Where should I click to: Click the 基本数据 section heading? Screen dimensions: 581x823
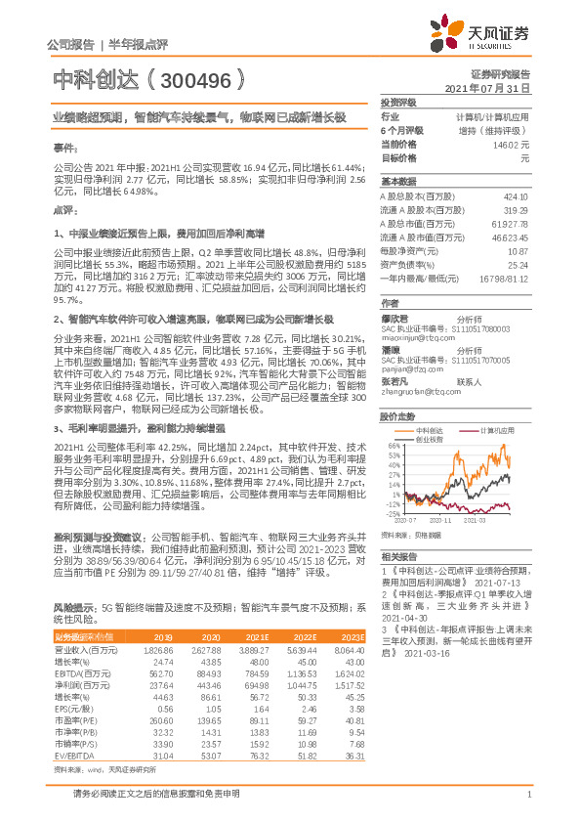(397, 182)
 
